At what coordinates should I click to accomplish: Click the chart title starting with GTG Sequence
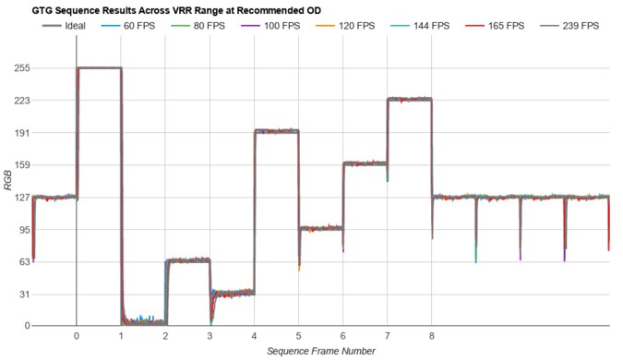(x=162, y=9)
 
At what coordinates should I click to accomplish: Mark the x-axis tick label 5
(x=298, y=337)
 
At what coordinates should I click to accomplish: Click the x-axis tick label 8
(x=432, y=337)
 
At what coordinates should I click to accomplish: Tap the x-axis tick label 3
(x=210, y=337)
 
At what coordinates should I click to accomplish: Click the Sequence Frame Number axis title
(x=320, y=352)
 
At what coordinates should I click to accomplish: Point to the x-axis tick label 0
(x=77, y=337)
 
